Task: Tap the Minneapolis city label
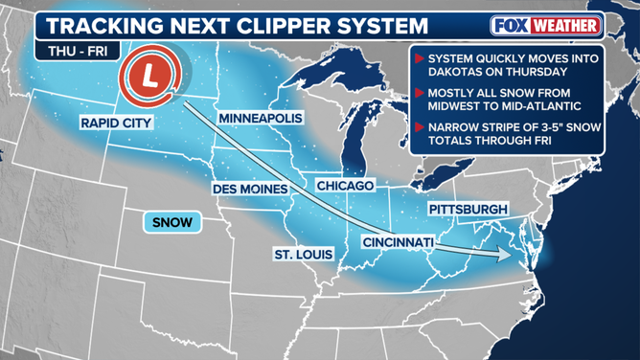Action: [260, 118]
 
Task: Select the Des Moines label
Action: [250, 189]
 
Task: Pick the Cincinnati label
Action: [399, 242]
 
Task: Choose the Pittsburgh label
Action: [469, 209]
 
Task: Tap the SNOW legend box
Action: [172, 222]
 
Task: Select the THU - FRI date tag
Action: [69, 53]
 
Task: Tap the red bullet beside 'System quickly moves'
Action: [420, 57]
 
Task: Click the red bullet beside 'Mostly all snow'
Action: [420, 93]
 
